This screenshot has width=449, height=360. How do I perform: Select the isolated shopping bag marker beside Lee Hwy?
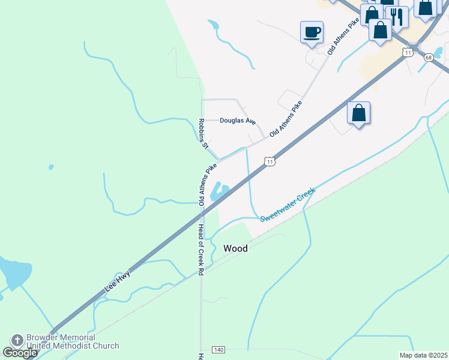coord(358,112)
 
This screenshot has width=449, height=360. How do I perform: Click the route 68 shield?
coord(428,58)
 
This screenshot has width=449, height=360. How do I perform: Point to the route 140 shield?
coord(218,349)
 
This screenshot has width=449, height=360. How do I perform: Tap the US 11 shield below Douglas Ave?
coord(270,162)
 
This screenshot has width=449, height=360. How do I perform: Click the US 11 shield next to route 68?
coord(408,52)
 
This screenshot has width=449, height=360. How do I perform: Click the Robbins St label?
coord(203,133)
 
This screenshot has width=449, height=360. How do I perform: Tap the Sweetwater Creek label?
coord(288,203)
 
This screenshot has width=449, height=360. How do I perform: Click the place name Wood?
coord(235,248)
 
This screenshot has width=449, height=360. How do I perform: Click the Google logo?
coord(20,352)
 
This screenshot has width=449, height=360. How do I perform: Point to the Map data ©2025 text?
coord(423,355)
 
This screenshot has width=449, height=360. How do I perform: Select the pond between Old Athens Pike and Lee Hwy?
coord(220,192)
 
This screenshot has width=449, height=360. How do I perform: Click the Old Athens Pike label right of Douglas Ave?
coord(286,118)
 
